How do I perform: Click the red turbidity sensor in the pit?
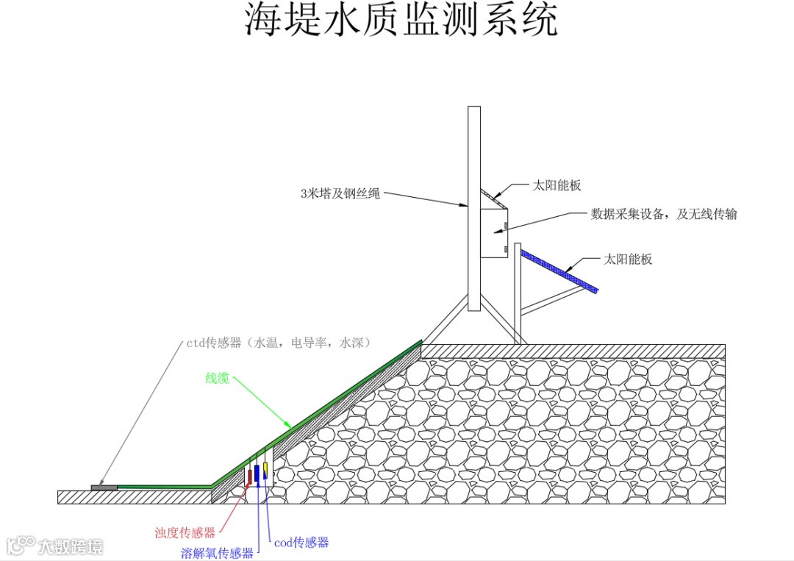249,476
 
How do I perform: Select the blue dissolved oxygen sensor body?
257,472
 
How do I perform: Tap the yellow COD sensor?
265,468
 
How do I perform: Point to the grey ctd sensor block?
104,487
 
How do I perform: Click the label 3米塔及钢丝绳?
340,194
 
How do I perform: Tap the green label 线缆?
217,379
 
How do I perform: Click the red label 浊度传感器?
185,532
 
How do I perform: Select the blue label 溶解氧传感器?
217,553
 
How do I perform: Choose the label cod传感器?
301,543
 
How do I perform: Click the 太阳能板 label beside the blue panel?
628,259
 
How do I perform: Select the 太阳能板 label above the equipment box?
557,185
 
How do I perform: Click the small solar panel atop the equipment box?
493,197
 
